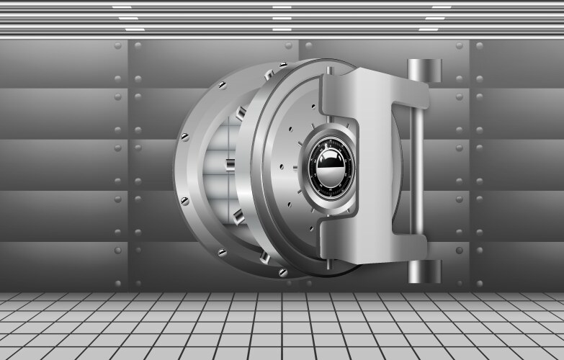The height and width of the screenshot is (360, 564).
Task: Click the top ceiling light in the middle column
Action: [282, 6]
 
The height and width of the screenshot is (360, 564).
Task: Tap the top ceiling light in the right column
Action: [442, 6]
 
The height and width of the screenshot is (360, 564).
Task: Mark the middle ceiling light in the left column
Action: [128, 17]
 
